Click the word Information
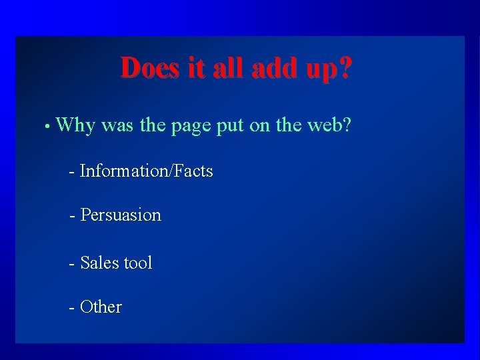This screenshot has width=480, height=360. [123, 171]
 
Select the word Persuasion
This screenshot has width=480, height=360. [121, 215]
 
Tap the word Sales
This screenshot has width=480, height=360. [97, 263]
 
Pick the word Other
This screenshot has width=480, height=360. [101, 307]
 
